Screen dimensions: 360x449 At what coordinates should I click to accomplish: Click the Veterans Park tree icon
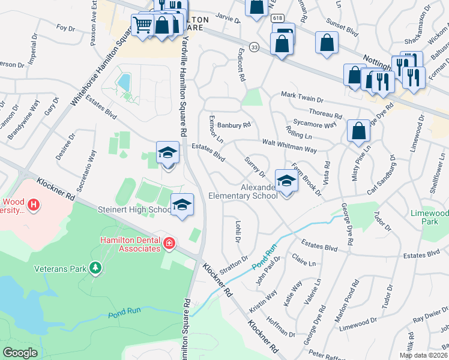95,268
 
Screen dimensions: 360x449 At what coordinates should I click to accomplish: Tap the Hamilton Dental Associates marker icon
170,243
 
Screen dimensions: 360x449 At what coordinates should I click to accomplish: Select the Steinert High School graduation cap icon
182,204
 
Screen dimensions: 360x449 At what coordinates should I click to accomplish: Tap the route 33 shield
255,47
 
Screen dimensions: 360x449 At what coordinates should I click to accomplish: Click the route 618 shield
277,19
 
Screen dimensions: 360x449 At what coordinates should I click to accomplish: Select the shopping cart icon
142,25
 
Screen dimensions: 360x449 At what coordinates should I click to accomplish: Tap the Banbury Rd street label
234,125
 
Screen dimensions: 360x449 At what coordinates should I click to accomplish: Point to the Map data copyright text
423,355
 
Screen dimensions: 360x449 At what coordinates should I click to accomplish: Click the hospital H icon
34,205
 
